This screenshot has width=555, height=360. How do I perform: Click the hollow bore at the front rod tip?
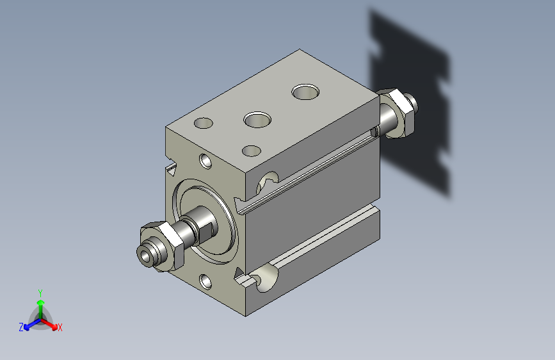(145, 254)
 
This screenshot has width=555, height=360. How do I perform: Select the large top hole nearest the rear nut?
(305, 92)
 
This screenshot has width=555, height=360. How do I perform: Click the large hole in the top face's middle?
(257, 120)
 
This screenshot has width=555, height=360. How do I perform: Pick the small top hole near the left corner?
(204, 123)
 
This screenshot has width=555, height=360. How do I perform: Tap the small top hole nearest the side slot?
(252, 151)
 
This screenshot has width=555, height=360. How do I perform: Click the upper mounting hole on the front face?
(205, 161)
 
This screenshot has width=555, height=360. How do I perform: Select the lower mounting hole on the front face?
(205, 282)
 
